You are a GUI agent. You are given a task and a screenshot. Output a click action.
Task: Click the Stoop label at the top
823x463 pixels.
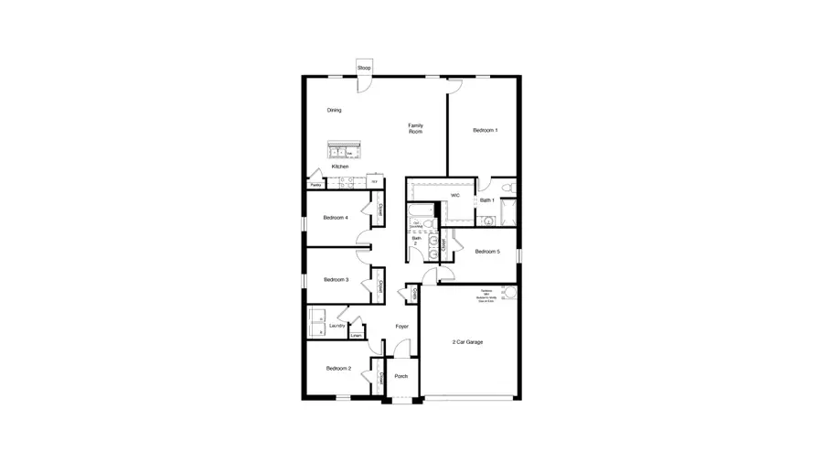coord(364,69)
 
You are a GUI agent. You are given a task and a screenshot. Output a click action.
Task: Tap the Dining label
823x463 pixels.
coord(335,111)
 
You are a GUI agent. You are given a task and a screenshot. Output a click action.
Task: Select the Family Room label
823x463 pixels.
coord(415,128)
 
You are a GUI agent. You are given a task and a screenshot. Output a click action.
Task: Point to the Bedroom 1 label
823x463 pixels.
coord(485,131)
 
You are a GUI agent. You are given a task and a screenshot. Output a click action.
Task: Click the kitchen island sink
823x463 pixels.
coord(345,151)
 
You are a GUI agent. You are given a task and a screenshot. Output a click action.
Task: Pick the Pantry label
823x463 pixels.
coord(315,186)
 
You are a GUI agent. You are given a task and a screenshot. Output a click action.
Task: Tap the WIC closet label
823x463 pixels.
coord(454,195)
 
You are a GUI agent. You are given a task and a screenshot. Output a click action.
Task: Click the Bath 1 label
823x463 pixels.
coord(486,200)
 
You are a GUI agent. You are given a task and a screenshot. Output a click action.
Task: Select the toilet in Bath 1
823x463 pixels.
coord(512,189)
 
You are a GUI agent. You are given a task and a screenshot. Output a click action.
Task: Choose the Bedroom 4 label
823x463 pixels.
coord(335,218)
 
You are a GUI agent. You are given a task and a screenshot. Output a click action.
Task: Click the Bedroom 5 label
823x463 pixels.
coord(486,252)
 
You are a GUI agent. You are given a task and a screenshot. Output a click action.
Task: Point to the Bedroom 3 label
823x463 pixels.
coord(336,280)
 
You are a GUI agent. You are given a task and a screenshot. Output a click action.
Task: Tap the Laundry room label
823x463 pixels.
coord(337,325)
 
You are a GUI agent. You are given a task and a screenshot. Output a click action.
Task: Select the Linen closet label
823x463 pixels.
coord(356,336)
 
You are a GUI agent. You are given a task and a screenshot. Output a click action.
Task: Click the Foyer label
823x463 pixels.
coord(401,327)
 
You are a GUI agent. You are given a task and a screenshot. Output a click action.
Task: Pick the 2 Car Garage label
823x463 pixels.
coord(467,342)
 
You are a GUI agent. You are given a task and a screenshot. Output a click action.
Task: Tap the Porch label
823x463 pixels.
coord(401,376)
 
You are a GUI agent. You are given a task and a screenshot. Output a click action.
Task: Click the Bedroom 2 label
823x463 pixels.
coord(338,369)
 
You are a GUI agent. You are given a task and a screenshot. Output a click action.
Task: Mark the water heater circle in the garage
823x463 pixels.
coord(508,294)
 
